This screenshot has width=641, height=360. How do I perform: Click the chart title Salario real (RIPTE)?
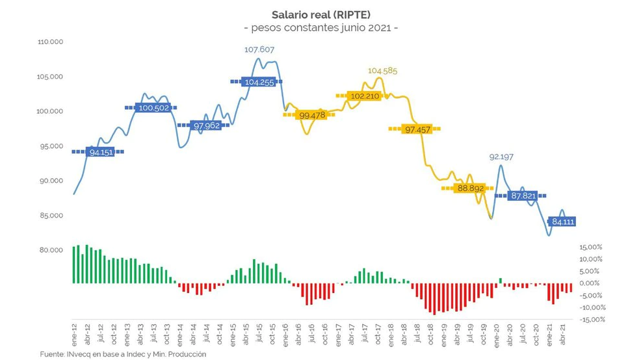(320, 14)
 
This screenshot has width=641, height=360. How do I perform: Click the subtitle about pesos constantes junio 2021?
(320, 28)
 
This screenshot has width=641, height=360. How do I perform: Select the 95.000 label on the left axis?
(50, 146)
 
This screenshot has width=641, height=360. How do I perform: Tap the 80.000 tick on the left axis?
(50, 250)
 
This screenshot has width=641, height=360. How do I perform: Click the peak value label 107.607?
(259, 49)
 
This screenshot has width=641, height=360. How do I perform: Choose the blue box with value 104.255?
(258, 82)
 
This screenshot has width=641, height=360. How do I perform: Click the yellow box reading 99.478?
(309, 115)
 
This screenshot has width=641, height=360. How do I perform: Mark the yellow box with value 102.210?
(364, 96)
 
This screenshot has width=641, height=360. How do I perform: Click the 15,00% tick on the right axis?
(590, 248)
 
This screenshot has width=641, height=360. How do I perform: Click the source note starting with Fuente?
(123, 354)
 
